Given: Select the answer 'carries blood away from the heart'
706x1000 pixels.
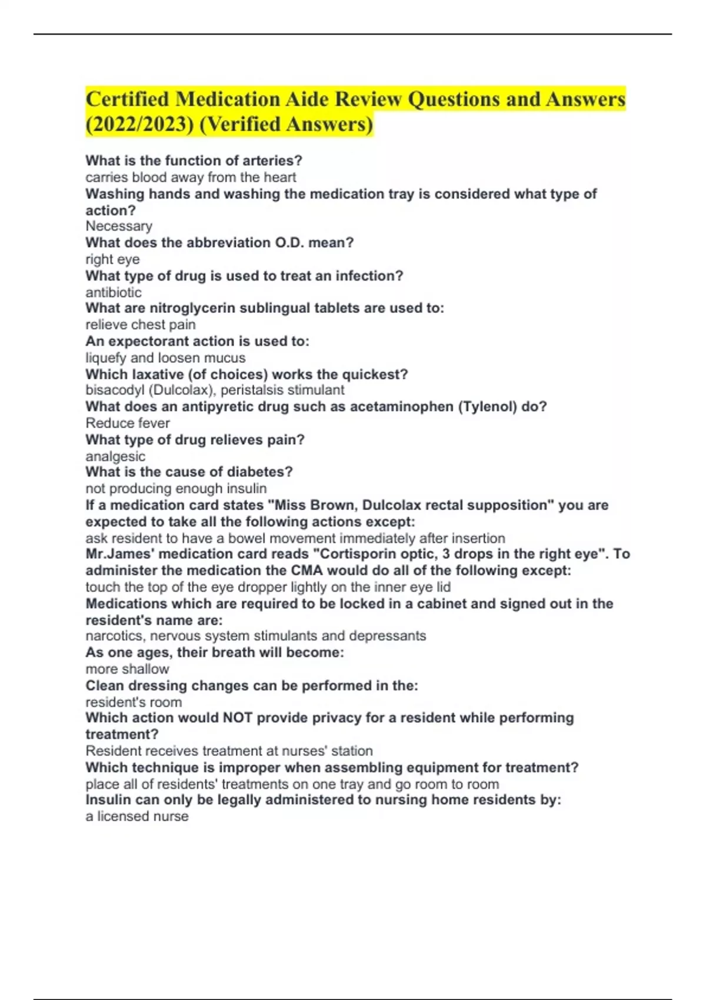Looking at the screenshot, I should point(191,177).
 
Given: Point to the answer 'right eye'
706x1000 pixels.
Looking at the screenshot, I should point(112,259).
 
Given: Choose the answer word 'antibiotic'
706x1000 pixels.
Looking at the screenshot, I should point(114,292).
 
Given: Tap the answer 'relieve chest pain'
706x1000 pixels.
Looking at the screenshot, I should point(141,325).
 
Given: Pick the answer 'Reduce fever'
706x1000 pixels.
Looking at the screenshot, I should point(128,423).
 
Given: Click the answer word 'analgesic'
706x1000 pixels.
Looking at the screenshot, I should point(115,456).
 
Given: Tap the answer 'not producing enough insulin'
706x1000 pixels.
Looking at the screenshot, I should point(176,488).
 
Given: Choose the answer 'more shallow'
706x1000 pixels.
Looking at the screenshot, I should point(127,669).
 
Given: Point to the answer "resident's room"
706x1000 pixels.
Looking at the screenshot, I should point(134,702).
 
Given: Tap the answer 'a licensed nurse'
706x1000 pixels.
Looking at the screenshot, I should point(137,816).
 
